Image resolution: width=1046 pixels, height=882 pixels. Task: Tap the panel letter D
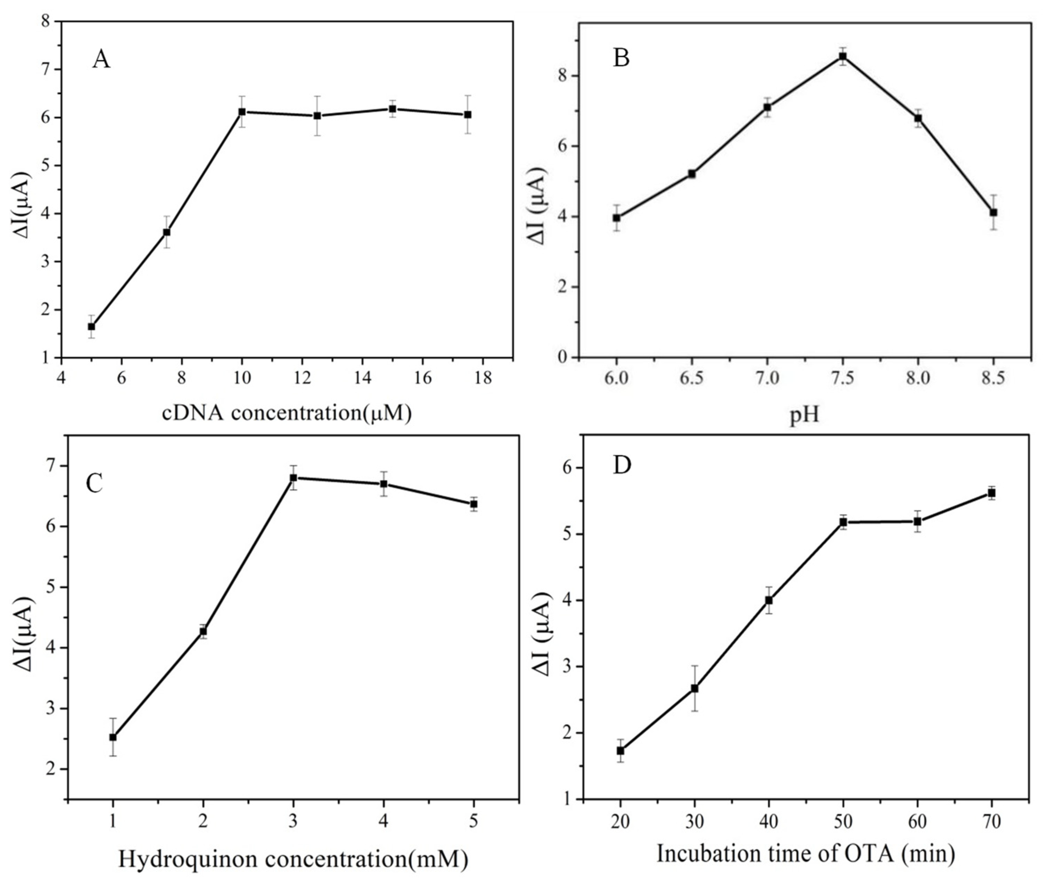(622, 465)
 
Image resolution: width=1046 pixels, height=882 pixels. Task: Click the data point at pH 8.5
(993, 213)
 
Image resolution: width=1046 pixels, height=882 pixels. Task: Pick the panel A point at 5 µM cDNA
(91, 327)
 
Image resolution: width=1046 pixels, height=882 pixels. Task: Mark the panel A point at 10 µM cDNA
(242, 112)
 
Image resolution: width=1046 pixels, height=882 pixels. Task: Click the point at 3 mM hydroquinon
(293, 478)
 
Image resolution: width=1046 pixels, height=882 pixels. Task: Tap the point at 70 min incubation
(991, 493)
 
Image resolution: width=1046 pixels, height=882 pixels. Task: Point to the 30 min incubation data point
(694, 689)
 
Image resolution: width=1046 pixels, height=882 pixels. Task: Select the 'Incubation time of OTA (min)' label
(805, 853)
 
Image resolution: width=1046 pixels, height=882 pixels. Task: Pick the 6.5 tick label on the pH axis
(691, 378)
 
